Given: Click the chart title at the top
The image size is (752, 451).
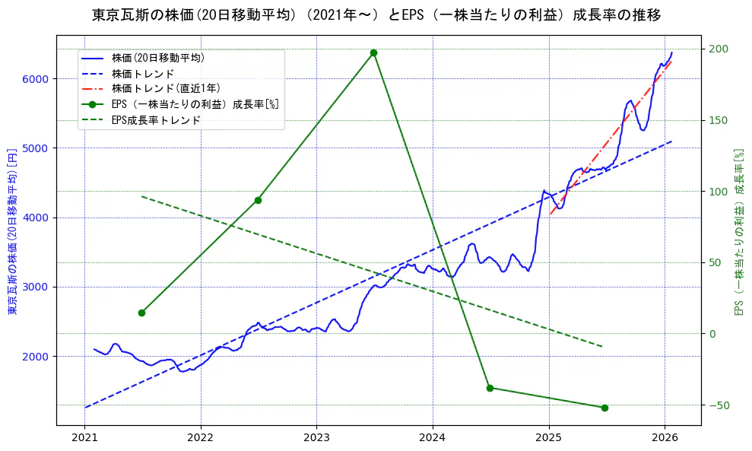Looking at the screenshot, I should coord(376,15).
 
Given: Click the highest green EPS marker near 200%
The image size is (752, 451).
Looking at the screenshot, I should coord(373,52).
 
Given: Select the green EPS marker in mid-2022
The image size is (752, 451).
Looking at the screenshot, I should coord(258,200).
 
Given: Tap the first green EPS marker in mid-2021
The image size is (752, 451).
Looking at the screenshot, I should coord(141,313).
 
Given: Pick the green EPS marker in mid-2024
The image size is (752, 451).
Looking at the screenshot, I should coord(490,388).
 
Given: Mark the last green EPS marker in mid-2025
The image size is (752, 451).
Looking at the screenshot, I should coord(604,408).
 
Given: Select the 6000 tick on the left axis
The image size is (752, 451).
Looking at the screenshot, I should coord(36,79).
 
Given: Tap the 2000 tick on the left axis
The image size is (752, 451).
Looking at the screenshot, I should coord(36,357).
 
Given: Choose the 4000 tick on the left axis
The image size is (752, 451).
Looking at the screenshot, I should coord(36,218).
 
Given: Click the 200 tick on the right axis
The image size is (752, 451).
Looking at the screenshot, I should coord(719,49).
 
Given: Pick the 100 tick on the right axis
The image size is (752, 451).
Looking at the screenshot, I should coord(719,192).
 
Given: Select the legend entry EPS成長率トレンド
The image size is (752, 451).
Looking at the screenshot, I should coord(155,120).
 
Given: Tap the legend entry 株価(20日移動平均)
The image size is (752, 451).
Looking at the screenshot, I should coord(157,57).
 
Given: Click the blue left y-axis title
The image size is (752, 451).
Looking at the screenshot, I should coord(12,230).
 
